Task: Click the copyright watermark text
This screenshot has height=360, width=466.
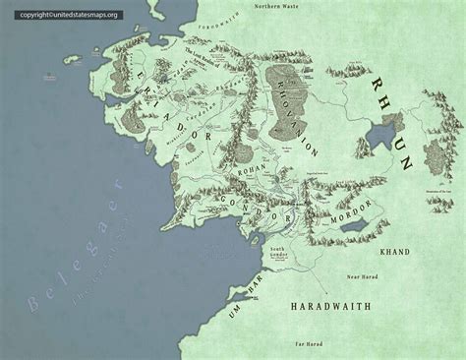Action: [61, 15]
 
